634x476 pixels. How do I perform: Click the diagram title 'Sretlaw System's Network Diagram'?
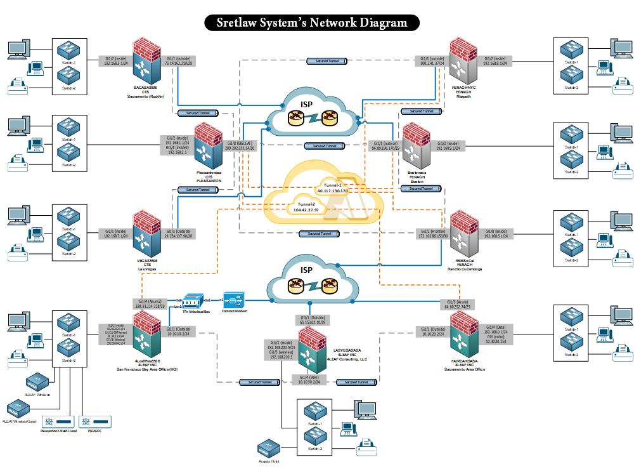(312, 23)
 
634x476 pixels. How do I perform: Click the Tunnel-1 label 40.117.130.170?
(332, 188)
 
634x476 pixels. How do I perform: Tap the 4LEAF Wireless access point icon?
(35, 383)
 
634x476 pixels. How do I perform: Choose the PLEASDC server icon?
(94, 421)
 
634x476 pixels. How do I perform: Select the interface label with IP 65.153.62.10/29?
(311, 319)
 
